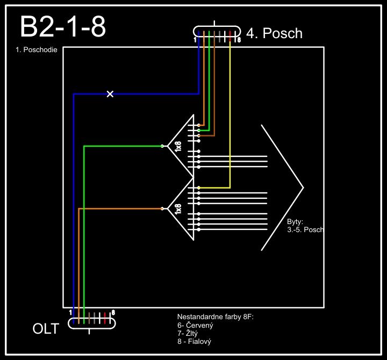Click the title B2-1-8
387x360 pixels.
coord(62,27)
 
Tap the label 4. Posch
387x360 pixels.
coord(274,33)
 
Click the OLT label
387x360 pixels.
coord(46,328)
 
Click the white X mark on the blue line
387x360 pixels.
coord(110,94)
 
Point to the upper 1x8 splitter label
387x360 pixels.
coord(178,146)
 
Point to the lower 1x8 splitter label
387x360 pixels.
coord(178,208)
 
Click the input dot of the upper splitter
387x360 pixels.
coord(162,146)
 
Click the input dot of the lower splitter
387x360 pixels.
coord(162,208)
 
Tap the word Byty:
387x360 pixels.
coord(296,221)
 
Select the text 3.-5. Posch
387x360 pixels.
coord(305,229)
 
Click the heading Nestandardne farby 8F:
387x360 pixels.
coord(215,318)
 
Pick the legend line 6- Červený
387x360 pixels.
coord(196,326)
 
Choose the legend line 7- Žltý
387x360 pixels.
coord(190,334)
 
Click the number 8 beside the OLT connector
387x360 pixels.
coord(113,312)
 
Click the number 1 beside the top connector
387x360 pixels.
coord(195,40)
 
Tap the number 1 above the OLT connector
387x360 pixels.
coord(70,312)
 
